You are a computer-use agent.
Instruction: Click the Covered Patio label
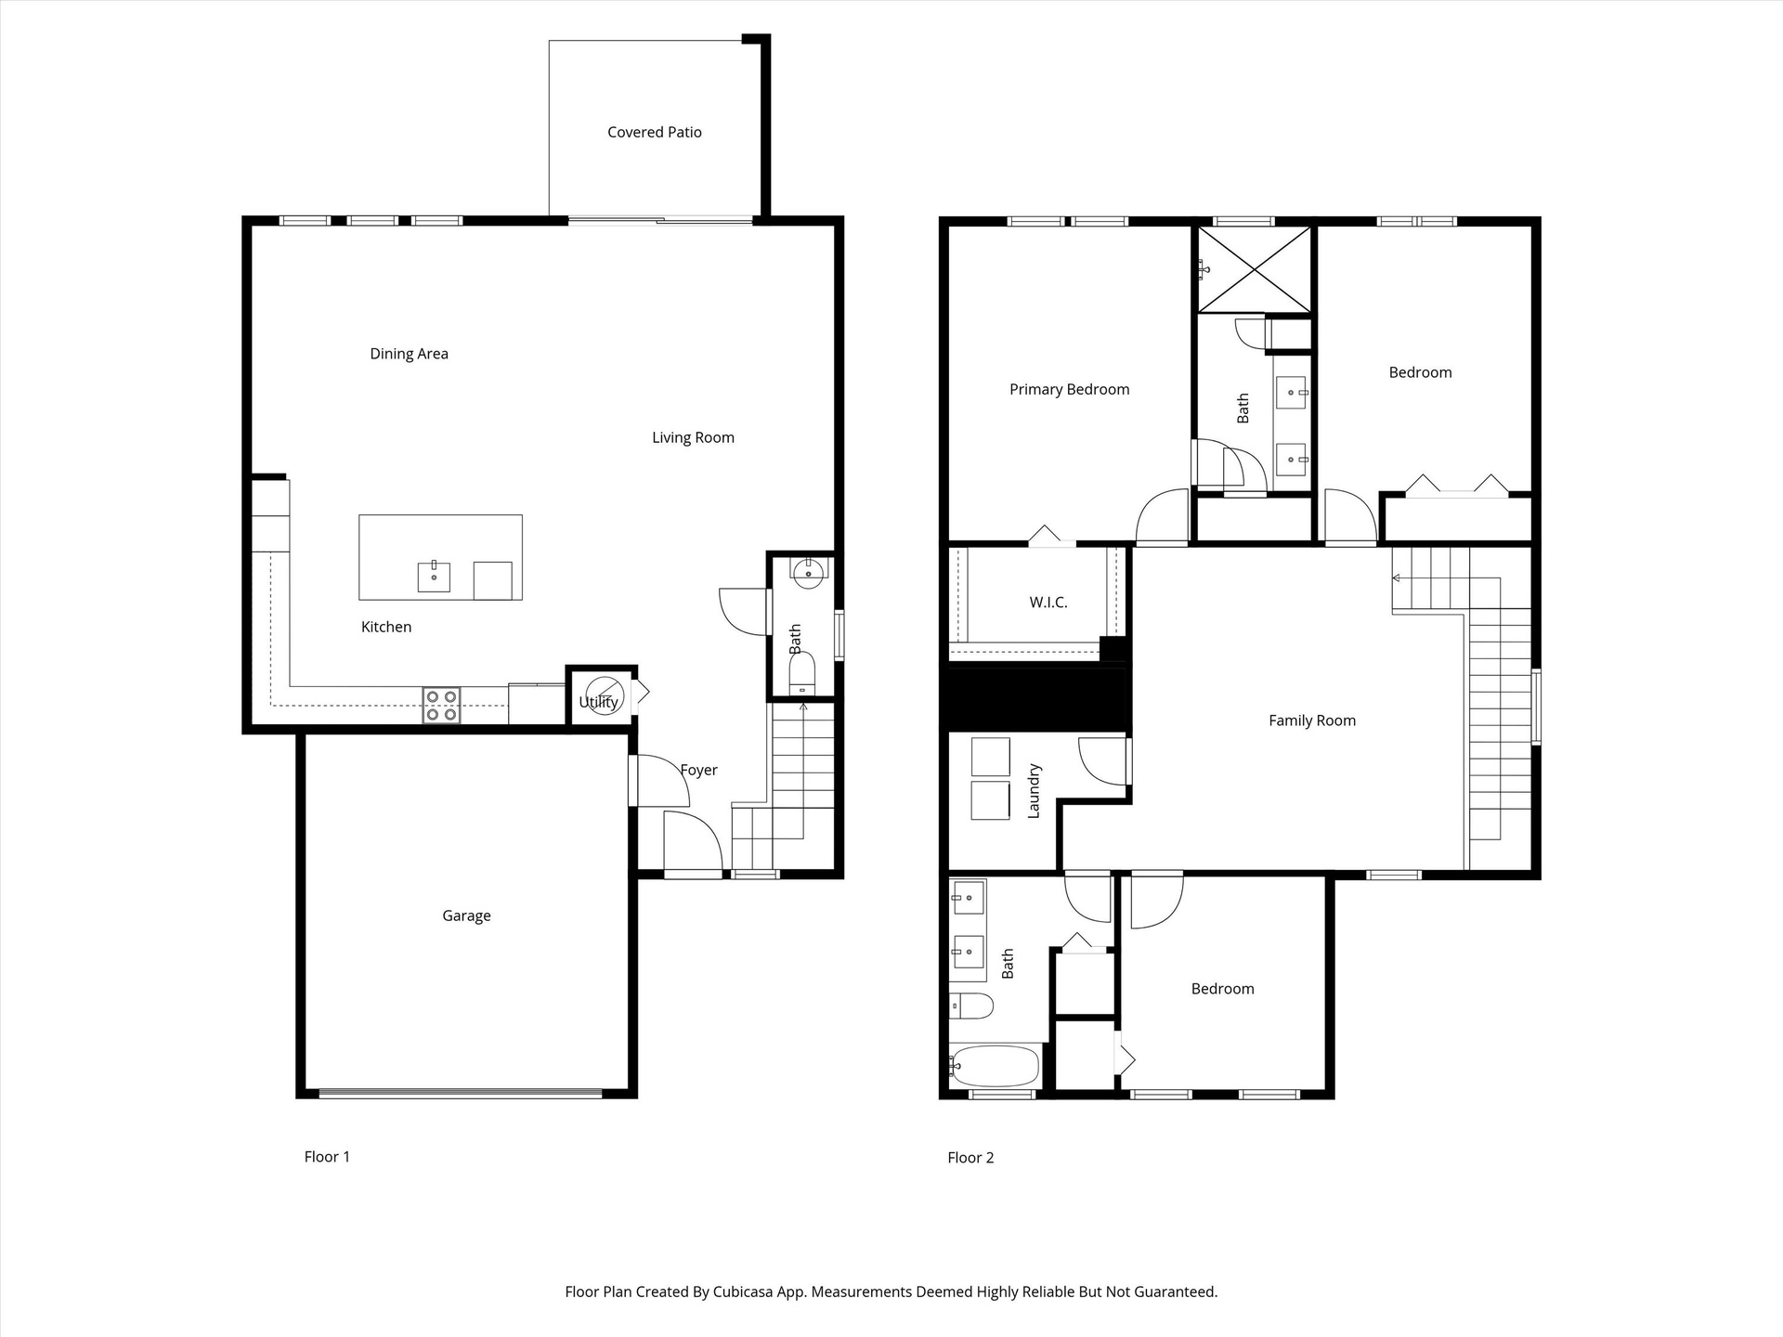pos(655,133)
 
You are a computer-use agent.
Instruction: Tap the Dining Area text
pos(409,354)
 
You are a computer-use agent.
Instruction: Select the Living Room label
pos(693,438)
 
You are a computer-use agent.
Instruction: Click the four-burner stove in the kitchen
pos(441,705)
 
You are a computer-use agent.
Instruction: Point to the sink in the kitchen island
pos(434,577)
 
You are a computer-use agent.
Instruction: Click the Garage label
pos(466,916)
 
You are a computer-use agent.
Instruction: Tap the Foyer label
pos(698,771)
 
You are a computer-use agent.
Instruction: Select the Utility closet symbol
pos(604,695)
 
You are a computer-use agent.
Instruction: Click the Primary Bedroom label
pos(1070,390)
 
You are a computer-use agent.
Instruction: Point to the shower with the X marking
pos(1254,269)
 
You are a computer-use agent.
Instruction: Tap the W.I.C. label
pos(1048,603)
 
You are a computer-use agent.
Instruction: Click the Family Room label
pos(1312,720)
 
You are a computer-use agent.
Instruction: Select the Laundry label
pos(1034,791)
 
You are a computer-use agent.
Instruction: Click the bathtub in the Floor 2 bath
pos(996,1067)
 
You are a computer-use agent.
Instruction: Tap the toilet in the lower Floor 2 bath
pos(971,1006)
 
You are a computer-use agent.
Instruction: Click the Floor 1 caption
pos(327,1157)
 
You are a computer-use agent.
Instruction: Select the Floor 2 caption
pos(970,1158)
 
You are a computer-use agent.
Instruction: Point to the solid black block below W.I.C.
pos(1036,698)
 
